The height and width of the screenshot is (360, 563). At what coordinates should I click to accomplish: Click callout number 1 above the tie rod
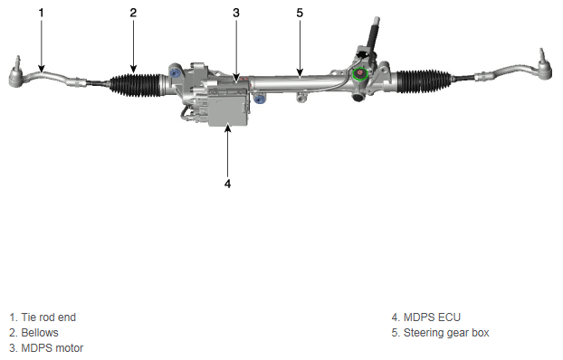point(42,13)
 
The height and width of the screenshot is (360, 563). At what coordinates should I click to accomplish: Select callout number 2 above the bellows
point(133,13)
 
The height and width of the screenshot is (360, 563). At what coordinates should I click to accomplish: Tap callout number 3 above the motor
point(236,13)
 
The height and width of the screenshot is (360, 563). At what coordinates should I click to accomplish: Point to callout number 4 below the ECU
point(227,184)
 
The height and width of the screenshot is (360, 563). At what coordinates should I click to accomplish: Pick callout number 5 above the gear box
point(300,13)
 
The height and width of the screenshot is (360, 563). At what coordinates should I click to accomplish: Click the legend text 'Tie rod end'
point(49,317)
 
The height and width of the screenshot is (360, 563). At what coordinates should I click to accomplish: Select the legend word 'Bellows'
point(40,333)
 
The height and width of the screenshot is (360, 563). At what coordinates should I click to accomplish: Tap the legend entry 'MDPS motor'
point(52,348)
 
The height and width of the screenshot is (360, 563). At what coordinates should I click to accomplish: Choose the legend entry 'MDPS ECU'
point(432,317)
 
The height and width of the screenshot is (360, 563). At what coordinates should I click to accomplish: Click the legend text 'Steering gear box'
point(446,333)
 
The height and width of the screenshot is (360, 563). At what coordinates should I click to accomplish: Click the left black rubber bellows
point(136,85)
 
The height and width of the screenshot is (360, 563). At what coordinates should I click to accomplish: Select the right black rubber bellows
point(423,81)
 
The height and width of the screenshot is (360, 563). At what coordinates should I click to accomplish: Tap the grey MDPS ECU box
point(228,107)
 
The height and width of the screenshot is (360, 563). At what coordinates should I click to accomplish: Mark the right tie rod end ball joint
point(545,68)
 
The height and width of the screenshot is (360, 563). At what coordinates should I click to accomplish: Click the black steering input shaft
point(373,34)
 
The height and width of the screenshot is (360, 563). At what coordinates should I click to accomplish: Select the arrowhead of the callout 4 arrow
point(228,127)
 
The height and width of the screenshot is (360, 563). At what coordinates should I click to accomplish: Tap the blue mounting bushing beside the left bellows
point(176,73)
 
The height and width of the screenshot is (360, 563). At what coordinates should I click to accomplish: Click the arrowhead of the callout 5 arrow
point(300,73)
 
